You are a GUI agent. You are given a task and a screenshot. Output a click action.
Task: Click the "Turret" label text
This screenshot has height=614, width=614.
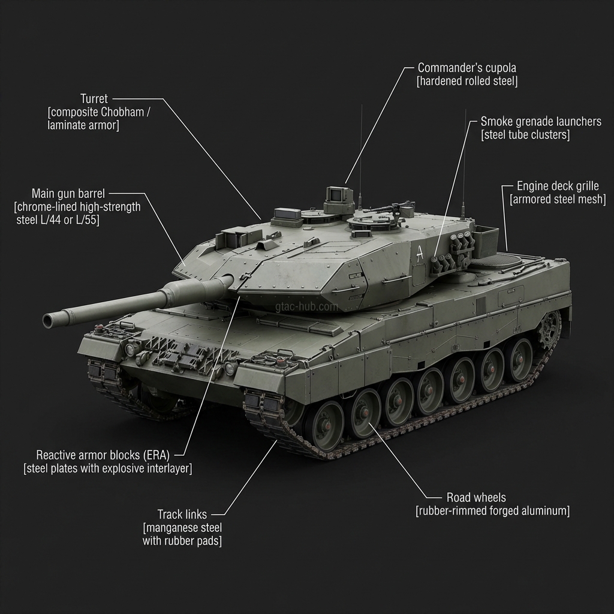[94, 98]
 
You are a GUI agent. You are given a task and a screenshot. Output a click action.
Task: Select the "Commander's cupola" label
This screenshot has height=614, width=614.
[466, 68]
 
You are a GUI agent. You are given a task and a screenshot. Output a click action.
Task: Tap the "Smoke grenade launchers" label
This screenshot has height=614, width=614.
[540, 122]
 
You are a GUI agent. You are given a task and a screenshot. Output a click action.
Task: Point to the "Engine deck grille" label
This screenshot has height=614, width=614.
[557, 186]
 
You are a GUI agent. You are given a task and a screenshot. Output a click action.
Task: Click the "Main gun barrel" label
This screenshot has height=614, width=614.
[68, 194]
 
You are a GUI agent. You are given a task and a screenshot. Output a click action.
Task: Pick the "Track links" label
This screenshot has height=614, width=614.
[182, 514]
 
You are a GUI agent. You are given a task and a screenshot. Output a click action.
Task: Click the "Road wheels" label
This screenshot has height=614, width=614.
[476, 498]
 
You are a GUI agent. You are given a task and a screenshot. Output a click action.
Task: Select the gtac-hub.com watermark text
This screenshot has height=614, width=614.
[306, 306]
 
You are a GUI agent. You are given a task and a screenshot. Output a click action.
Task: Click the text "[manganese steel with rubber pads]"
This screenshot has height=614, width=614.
[182, 534]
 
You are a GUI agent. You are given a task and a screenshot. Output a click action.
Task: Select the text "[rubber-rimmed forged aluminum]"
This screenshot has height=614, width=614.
[492, 511]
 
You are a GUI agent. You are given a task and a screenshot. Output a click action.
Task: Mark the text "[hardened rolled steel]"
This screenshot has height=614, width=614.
[466, 81]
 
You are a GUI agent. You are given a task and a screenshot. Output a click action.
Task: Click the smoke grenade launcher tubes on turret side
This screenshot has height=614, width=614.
[453, 252]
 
